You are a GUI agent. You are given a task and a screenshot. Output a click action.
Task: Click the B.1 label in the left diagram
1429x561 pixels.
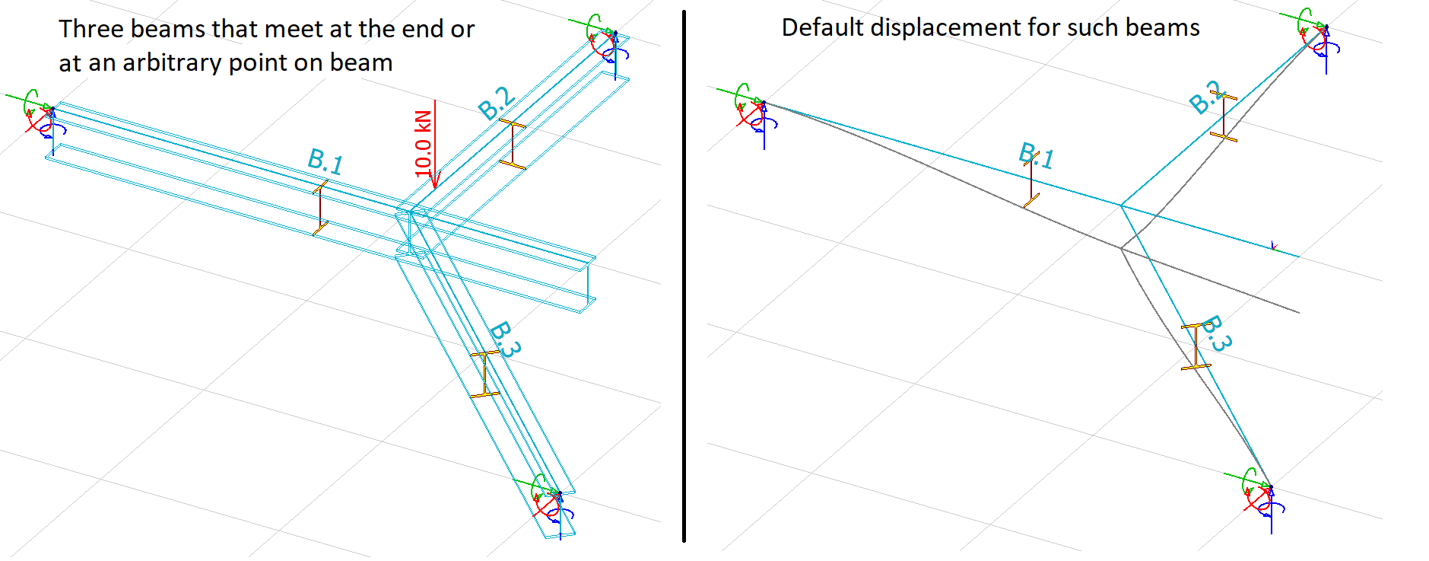(x=325, y=161)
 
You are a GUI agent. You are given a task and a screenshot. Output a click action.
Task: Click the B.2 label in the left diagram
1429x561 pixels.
(x=497, y=103)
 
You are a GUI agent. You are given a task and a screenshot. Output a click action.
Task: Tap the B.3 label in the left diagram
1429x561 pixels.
(x=505, y=339)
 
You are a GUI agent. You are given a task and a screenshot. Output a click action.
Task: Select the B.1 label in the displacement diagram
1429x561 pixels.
(x=1037, y=156)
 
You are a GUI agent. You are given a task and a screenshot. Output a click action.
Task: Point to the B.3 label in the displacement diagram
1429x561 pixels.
(x=1217, y=333)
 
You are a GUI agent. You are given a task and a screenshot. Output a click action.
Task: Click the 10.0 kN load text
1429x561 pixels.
(x=424, y=143)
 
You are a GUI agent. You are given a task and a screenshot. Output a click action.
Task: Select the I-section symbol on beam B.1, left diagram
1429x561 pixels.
(x=320, y=208)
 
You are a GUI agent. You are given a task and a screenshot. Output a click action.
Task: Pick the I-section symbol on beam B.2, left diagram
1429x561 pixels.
(x=513, y=143)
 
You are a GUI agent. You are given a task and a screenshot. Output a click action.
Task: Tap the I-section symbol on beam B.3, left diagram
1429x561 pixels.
(x=485, y=374)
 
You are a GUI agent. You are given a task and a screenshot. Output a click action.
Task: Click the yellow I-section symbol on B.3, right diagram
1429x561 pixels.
(x=1196, y=347)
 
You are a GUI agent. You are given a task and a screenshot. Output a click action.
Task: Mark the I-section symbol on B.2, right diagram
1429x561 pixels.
(x=1224, y=116)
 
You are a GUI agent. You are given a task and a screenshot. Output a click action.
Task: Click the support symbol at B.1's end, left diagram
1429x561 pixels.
(x=42, y=118)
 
